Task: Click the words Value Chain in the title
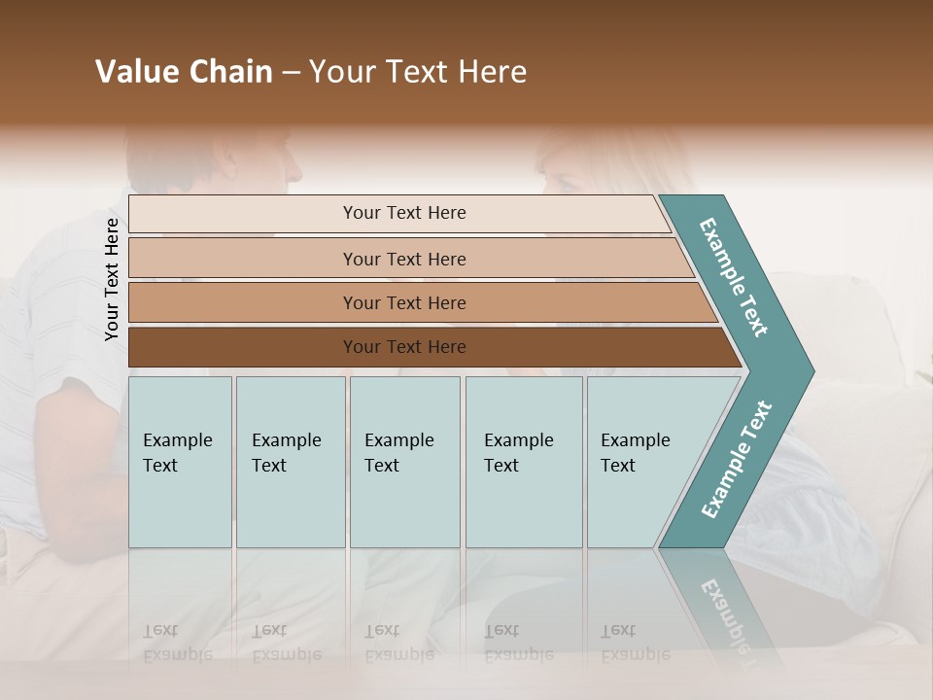(x=184, y=72)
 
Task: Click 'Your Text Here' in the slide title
(x=418, y=72)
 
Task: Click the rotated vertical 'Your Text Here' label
(x=112, y=279)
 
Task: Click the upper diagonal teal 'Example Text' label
(x=734, y=277)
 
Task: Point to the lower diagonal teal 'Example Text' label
(x=737, y=460)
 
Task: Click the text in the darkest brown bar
(x=404, y=347)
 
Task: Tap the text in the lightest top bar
(x=404, y=213)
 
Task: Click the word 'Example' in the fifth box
(x=635, y=440)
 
